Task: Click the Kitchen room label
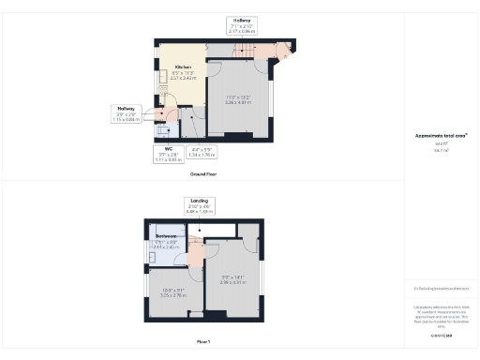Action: (182, 67)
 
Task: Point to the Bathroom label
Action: (167, 236)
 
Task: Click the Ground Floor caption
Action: (203, 174)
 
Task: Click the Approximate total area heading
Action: (441, 135)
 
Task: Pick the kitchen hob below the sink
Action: (164, 92)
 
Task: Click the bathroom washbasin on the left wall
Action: (150, 254)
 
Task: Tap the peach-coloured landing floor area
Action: (196, 253)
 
